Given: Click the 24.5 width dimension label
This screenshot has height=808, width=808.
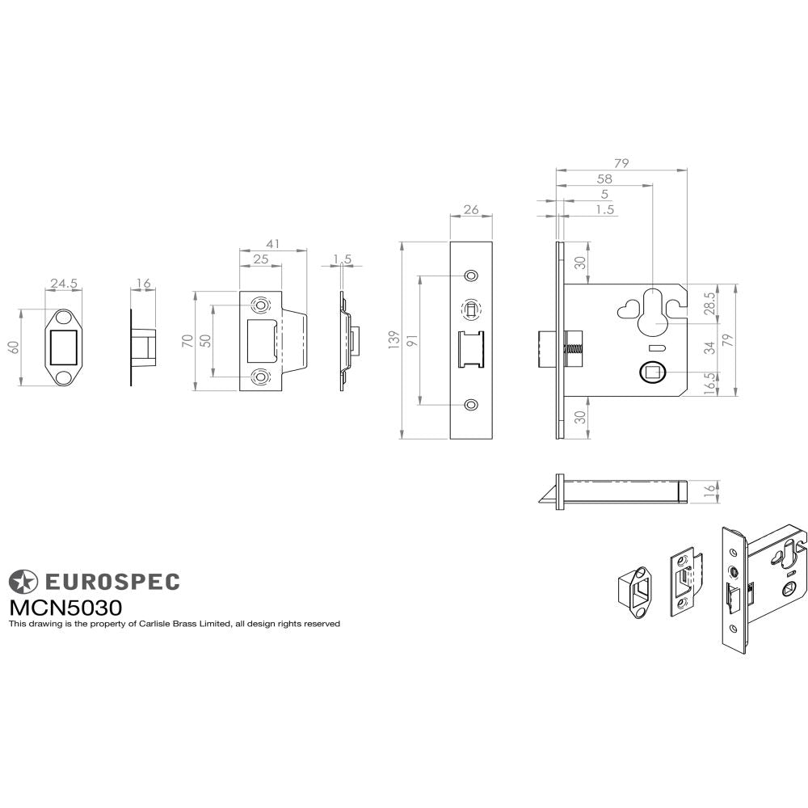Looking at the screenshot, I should tap(64, 284).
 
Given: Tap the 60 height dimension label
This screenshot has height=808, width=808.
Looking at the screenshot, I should tap(13, 347).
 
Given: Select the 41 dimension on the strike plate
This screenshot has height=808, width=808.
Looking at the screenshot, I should tap(273, 242).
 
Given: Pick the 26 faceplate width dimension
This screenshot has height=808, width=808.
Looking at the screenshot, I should tap(470, 210).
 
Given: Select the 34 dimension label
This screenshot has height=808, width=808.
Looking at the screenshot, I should tap(709, 347).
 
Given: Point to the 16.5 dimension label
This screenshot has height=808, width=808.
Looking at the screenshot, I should tap(709, 383).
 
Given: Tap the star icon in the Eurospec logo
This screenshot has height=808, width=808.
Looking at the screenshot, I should tap(23, 581).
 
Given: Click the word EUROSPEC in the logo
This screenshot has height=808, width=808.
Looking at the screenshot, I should tap(111, 582).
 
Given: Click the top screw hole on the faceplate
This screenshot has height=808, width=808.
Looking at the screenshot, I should tap(471, 276).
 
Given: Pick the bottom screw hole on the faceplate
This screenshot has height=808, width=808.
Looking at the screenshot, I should tap(471, 403).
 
